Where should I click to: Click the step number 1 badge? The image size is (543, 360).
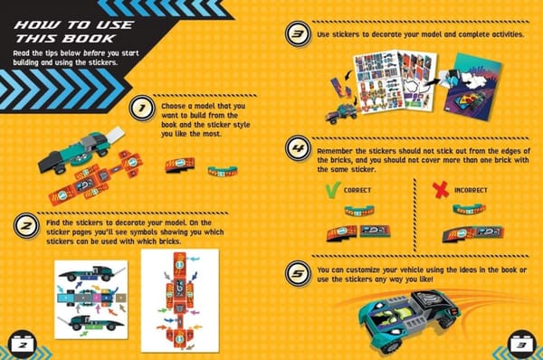[x=139, y=110]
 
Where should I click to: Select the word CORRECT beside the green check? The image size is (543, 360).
[x=360, y=191]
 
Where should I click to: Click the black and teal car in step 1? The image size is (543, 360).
[x=76, y=150]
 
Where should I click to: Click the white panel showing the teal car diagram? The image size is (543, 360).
[x=90, y=298]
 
